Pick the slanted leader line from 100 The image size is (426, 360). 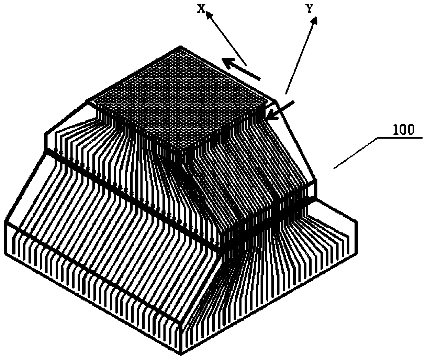pyautogui.click(x=356, y=153)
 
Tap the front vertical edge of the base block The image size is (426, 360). pyautogui.click(x=181, y=339)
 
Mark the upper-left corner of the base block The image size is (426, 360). pyautogui.click(x=5, y=222)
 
